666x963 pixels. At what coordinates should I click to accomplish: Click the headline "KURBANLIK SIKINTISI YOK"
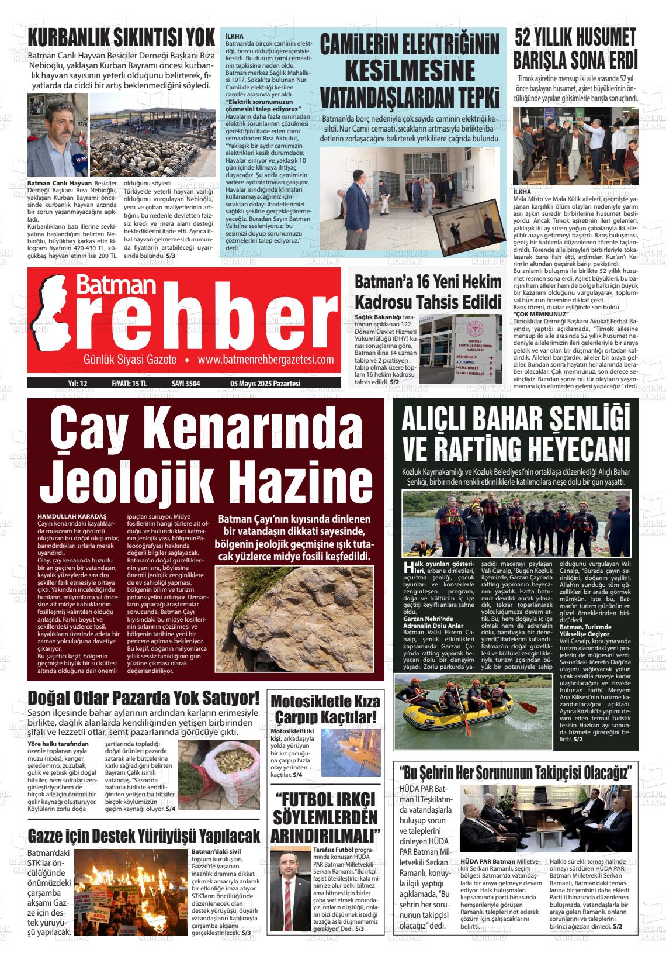[122, 37]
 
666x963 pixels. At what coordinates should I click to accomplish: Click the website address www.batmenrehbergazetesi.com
[266, 360]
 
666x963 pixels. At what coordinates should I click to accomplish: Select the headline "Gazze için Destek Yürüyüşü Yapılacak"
[144, 834]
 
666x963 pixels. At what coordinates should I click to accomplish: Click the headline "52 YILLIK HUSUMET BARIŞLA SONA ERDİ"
[575, 48]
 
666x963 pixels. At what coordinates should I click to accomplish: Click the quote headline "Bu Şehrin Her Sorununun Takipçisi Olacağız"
[516, 773]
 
